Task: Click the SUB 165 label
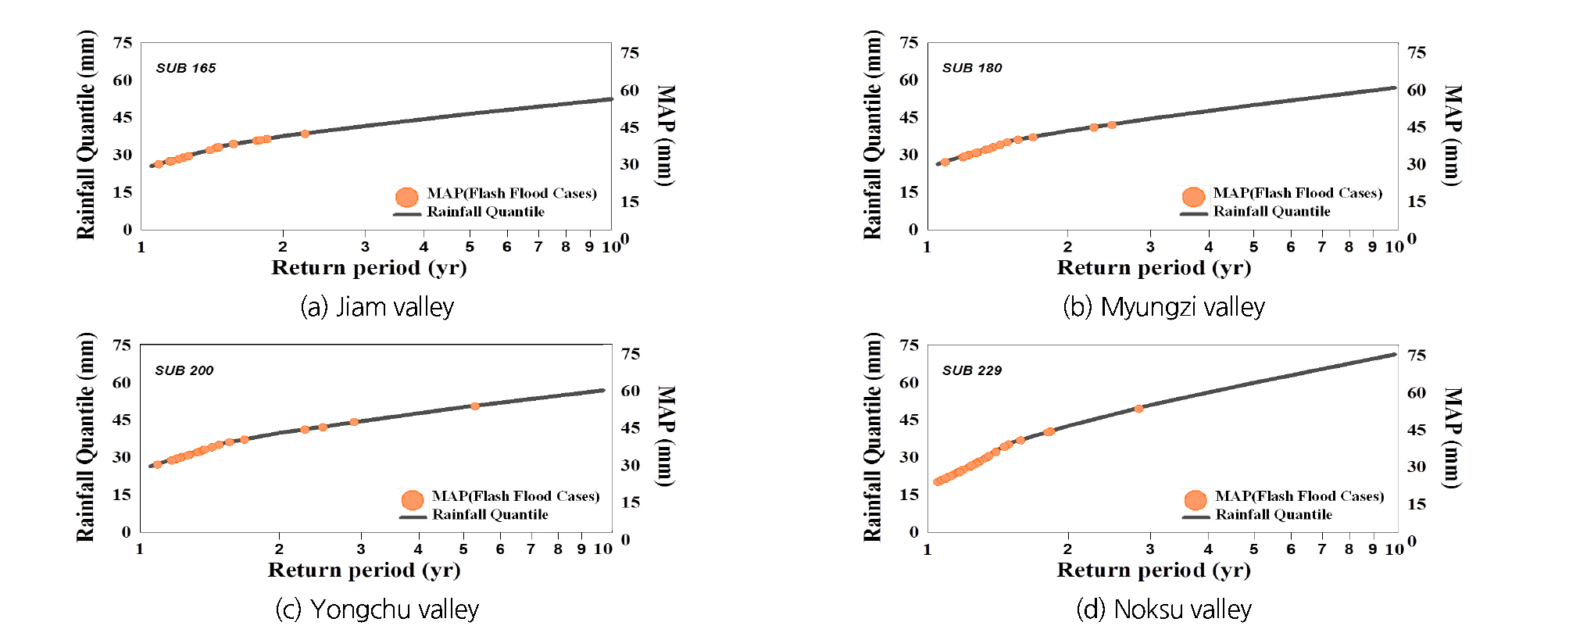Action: click(186, 68)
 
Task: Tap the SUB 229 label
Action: click(971, 370)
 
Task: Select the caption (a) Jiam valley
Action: click(377, 307)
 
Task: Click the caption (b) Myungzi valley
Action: click(1163, 307)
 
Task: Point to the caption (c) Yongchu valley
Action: click(377, 610)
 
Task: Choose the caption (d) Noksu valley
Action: click(1163, 610)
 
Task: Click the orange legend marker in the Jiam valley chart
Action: click(406, 196)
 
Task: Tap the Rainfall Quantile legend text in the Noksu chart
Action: click(1274, 515)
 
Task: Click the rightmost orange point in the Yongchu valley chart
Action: click(475, 406)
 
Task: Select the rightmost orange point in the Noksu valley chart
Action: click(1138, 409)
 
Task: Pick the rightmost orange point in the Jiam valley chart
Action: click(305, 134)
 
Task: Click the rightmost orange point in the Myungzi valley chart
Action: click(1112, 125)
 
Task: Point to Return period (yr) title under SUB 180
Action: click(1153, 268)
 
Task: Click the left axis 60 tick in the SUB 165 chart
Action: click(123, 80)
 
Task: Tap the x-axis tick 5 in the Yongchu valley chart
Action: click(463, 549)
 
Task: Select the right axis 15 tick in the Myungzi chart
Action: click(1417, 202)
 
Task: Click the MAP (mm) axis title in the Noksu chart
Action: click(1451, 438)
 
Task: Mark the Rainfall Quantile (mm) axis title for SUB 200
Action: click(85, 438)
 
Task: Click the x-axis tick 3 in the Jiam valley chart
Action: click(365, 247)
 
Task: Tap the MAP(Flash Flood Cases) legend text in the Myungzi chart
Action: click(1297, 193)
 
